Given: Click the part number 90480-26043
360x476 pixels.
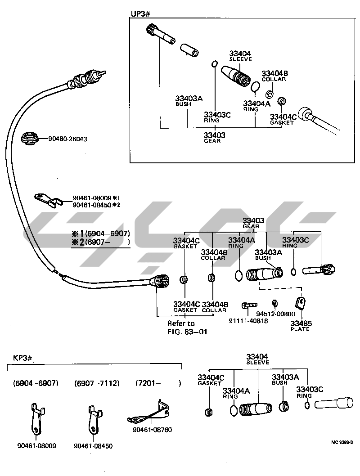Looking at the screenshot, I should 67,139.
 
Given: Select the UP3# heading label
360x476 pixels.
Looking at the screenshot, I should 140,14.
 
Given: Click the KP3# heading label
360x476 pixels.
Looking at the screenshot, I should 22,358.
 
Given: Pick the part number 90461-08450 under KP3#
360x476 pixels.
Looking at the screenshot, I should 93,446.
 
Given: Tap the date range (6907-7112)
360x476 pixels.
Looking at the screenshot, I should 97,383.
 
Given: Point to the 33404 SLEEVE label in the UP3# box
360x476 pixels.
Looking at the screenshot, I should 240,56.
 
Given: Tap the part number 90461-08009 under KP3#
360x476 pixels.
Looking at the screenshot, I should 37,446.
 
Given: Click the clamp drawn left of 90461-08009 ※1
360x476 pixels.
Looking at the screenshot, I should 47,199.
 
